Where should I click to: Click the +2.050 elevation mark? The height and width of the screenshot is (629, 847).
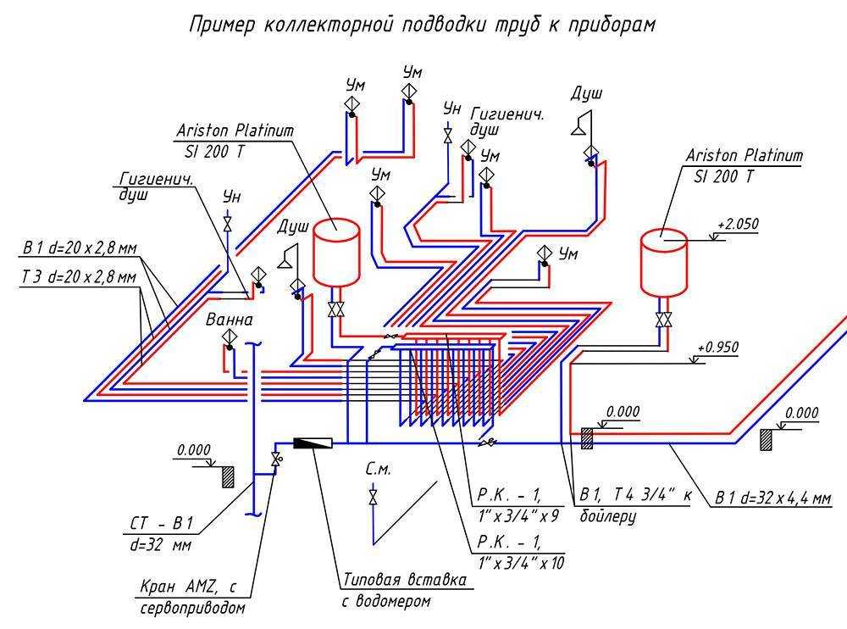(x=737, y=225)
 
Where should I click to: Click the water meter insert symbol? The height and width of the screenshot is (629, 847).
(x=313, y=442)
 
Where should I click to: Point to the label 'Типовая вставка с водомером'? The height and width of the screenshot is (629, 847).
(x=404, y=590)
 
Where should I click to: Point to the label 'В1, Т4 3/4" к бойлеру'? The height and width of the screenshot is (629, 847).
(x=634, y=504)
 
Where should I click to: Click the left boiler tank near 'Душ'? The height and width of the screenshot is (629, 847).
(x=336, y=252)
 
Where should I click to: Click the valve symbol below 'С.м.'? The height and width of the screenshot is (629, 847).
(x=373, y=496)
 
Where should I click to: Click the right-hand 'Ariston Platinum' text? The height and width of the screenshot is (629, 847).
(x=743, y=156)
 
